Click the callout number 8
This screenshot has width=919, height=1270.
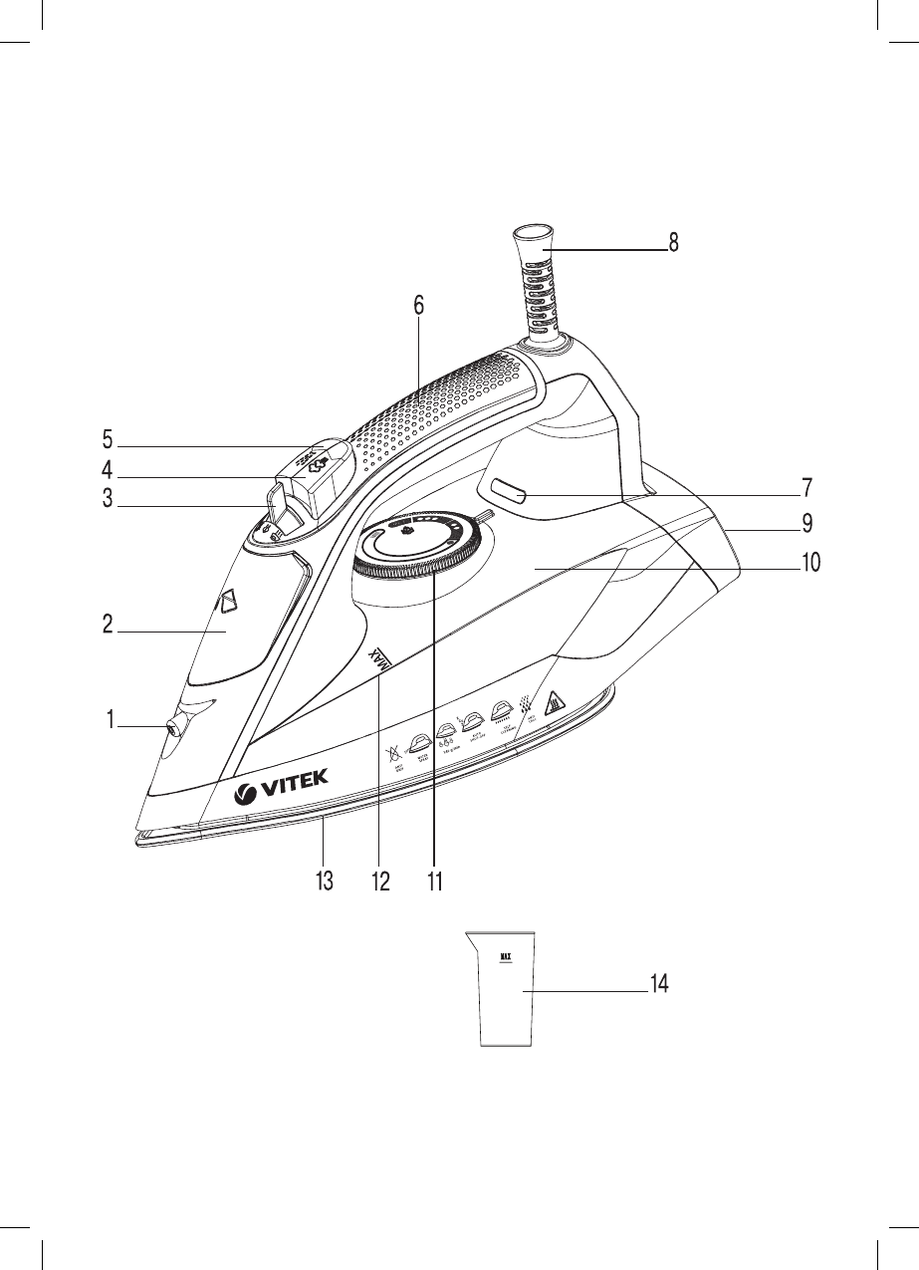674,242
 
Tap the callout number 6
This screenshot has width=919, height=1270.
419,307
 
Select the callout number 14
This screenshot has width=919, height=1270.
659,984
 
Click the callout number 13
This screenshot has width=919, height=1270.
324,882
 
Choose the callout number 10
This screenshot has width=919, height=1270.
810,562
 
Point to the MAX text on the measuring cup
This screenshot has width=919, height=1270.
506,958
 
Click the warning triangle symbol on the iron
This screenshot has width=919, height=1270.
557,699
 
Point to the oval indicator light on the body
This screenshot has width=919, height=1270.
508,492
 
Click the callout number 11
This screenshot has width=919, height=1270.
434,882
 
